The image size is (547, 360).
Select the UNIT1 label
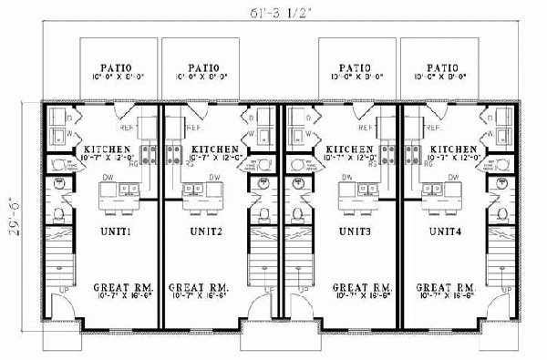[117, 231]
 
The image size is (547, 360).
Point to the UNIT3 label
[352, 231]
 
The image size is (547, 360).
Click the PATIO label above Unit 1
[117, 67]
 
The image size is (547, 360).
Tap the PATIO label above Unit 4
[443, 67]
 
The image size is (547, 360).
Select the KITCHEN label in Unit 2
[215, 149]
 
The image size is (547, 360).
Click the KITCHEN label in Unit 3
[349, 149]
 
